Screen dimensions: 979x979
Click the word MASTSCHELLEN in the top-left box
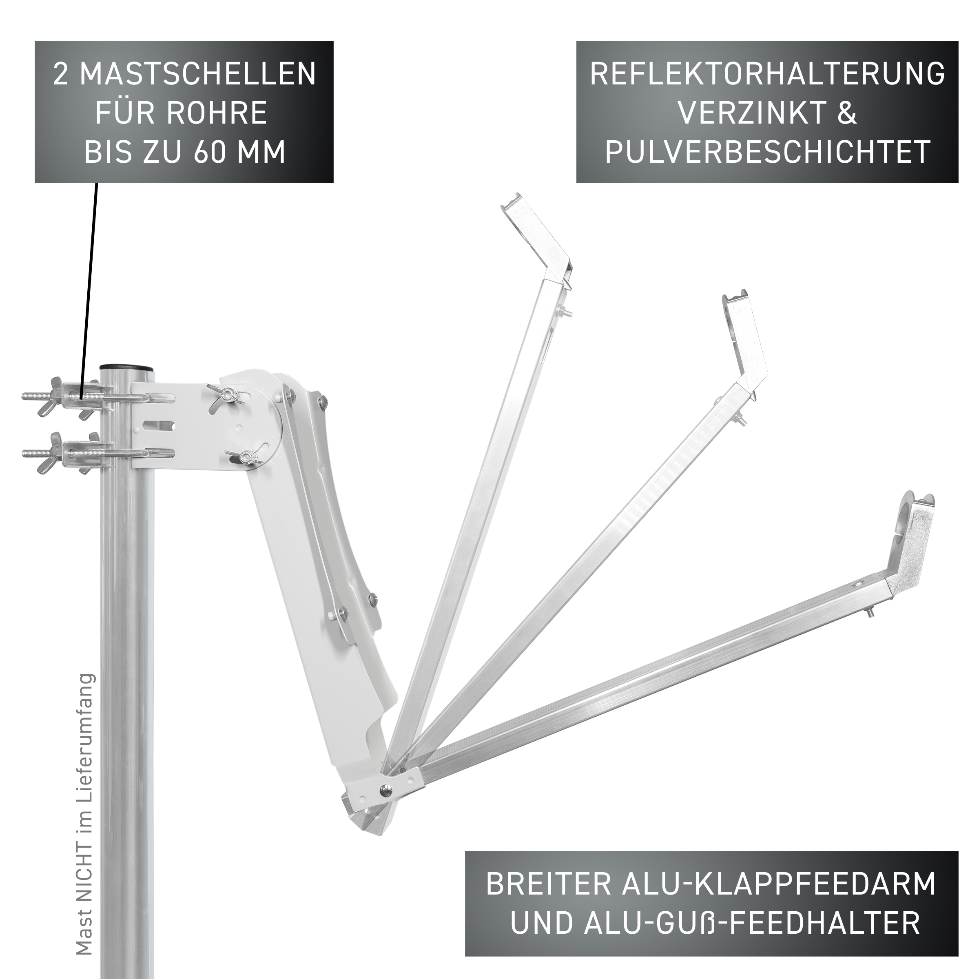coord(197,74)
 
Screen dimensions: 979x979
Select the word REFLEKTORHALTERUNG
coord(767,74)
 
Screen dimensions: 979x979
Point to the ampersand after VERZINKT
coord(847,113)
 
